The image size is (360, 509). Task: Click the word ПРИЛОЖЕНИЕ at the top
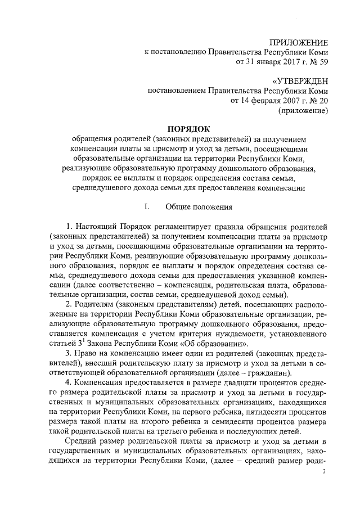click(299, 43)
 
